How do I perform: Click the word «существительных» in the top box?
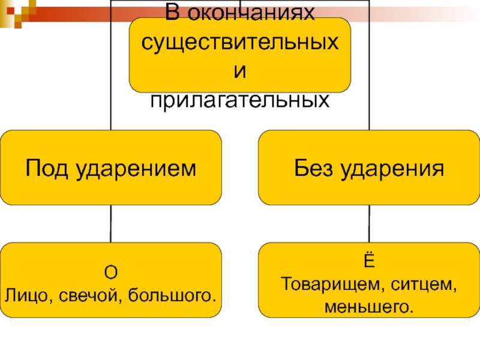tap(239, 43)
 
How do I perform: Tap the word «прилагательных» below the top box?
tap(239, 100)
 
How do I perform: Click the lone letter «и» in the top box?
tap(239, 72)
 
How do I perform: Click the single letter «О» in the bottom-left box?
tap(110, 272)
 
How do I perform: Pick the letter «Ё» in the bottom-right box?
tap(368, 262)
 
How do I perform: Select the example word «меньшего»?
tap(368, 307)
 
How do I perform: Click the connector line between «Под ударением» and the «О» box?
tap(110, 224)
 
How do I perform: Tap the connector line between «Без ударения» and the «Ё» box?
tap(368, 224)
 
